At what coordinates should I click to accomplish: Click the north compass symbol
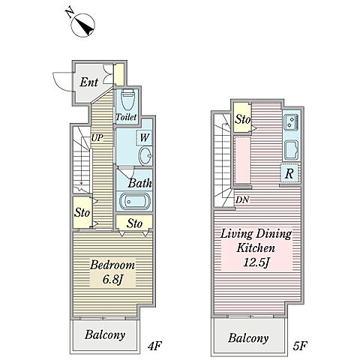tap(82, 25)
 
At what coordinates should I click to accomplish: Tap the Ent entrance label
tap(88, 82)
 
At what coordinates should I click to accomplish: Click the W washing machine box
tap(144, 138)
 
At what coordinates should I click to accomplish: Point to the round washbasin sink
tap(145, 156)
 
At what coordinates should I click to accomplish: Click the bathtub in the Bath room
tap(134, 201)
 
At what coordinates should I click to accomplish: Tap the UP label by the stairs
tap(97, 138)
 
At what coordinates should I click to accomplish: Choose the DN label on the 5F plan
tap(242, 199)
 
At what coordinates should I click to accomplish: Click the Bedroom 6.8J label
tap(112, 272)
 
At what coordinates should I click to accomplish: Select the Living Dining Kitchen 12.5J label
tap(256, 248)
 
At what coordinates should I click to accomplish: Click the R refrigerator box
tap(289, 173)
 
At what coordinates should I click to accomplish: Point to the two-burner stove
tap(292, 122)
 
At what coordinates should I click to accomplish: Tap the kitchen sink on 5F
tap(292, 150)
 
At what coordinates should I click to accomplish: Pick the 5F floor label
tap(299, 346)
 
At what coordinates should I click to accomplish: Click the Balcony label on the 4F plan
tap(105, 334)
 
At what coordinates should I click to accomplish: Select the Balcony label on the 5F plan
tap(248, 338)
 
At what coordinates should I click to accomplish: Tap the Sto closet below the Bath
tap(134, 223)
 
